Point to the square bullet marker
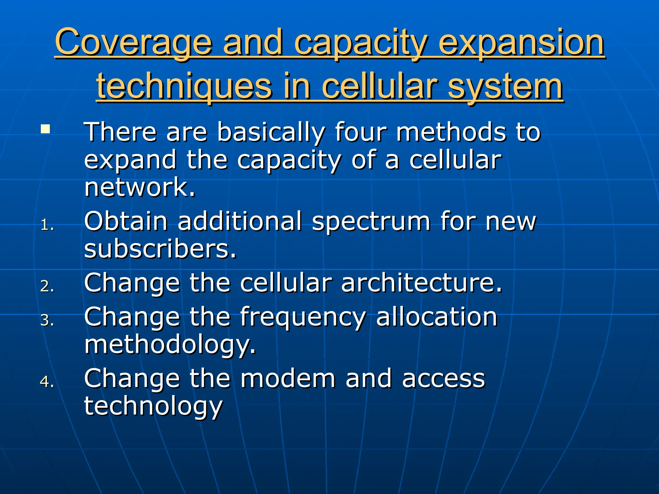point(45,130)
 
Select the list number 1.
point(47,225)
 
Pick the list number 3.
point(47,320)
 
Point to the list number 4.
point(47,382)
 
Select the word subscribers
point(160,249)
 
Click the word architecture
point(421,283)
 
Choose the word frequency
point(303,317)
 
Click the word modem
point(288,379)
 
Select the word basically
point(271,132)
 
